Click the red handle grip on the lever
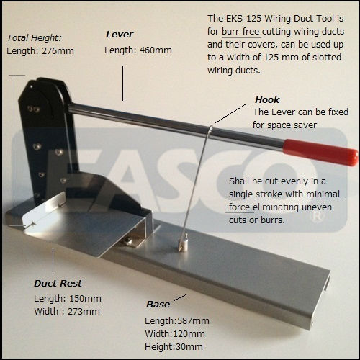(x=320, y=152)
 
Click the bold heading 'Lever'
(x=120, y=35)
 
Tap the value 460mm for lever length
(x=156, y=50)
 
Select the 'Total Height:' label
(x=35, y=38)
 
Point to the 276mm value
(x=58, y=51)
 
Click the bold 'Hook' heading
(x=267, y=99)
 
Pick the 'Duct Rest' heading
(x=58, y=284)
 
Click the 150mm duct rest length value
(x=85, y=299)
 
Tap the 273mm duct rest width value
(x=84, y=312)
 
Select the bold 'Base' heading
(x=158, y=305)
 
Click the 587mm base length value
(x=193, y=321)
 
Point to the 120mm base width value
(x=189, y=334)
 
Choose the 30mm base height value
(x=189, y=347)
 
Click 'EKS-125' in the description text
(x=244, y=19)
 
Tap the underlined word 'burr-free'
(x=240, y=32)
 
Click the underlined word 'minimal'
(x=323, y=194)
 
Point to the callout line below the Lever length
(x=123, y=83)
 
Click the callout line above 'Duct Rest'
(x=53, y=262)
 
